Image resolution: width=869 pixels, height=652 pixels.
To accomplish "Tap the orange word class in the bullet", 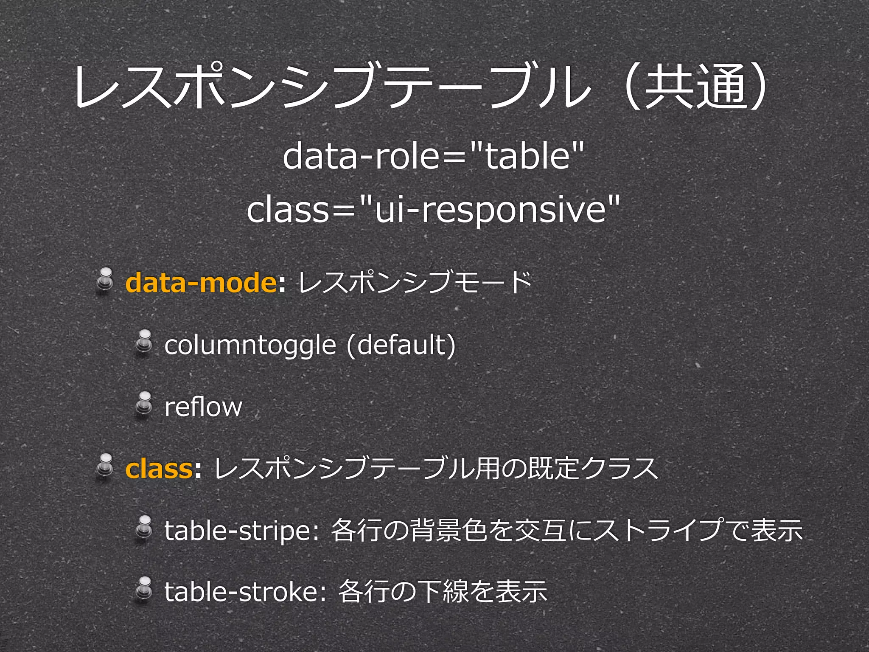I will (x=159, y=469).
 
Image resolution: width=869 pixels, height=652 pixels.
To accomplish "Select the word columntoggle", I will (x=250, y=345).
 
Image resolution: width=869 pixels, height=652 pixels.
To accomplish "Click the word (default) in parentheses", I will (x=401, y=345).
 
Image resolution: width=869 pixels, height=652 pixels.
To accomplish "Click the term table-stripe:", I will (x=241, y=531).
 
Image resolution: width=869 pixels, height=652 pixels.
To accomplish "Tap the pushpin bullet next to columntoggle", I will (x=144, y=342).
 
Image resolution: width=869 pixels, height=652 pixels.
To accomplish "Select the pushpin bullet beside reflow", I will (x=144, y=404).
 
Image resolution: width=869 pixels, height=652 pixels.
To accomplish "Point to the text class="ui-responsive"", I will (x=433, y=209).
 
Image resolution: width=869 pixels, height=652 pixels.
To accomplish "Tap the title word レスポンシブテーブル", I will (x=331, y=87).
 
